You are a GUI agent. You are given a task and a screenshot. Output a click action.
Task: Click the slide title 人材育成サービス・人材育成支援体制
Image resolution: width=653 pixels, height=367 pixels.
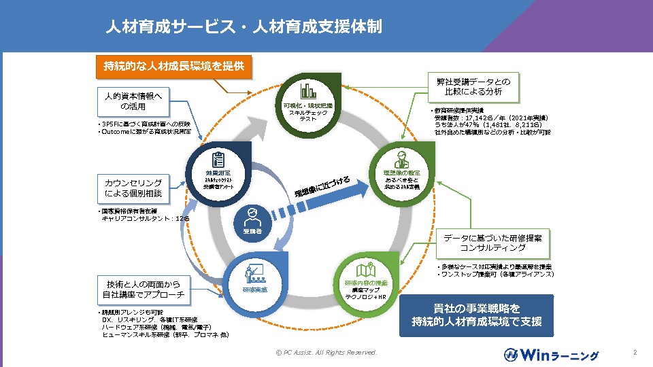tap(243, 27)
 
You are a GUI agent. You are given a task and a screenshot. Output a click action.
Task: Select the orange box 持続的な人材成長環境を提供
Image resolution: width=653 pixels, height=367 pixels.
tap(173, 67)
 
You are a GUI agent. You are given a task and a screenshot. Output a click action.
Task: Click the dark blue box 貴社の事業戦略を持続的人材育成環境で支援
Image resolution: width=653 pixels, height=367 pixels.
tap(476, 314)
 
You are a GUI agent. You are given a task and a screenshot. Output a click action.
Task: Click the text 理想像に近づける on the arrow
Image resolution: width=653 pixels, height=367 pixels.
tap(322, 188)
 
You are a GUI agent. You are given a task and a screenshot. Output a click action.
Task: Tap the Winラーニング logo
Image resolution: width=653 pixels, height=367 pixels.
tap(551, 354)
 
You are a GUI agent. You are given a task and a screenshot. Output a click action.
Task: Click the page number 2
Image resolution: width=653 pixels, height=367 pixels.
tap(634, 353)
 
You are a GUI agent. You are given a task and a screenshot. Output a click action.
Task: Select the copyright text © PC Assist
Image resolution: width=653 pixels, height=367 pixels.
tap(326, 353)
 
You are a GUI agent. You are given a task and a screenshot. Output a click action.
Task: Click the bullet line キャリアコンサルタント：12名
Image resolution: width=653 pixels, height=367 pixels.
tap(145, 219)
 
